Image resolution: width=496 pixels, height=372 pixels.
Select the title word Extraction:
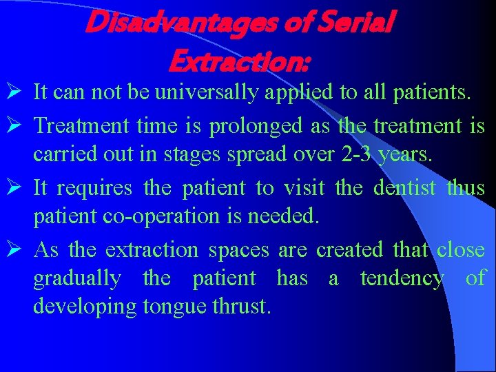(x=239, y=62)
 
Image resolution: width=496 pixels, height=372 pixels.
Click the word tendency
(x=402, y=279)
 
